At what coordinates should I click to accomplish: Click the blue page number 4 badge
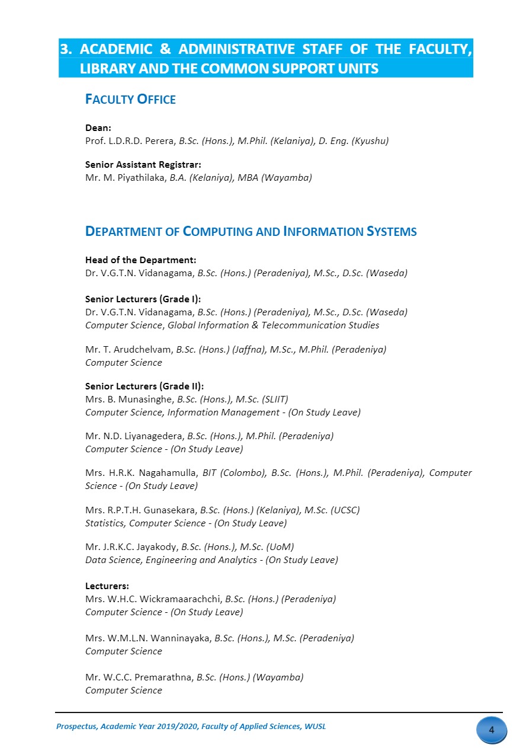(491, 730)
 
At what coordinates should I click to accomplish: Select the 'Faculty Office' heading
(130, 100)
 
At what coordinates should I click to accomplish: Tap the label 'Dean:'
(98, 128)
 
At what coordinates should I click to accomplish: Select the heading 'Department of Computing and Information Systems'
(251, 232)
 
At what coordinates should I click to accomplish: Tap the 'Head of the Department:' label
(140, 260)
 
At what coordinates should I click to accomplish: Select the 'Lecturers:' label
(107, 586)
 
